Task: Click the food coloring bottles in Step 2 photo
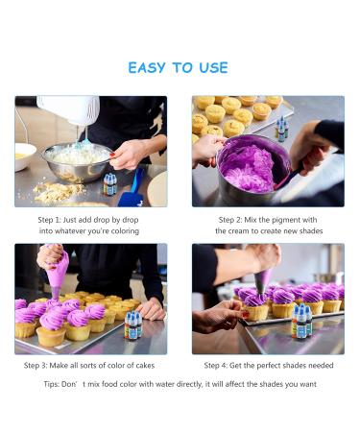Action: point(281,130)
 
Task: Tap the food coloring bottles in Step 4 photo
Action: point(301,321)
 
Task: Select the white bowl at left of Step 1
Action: point(24,156)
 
